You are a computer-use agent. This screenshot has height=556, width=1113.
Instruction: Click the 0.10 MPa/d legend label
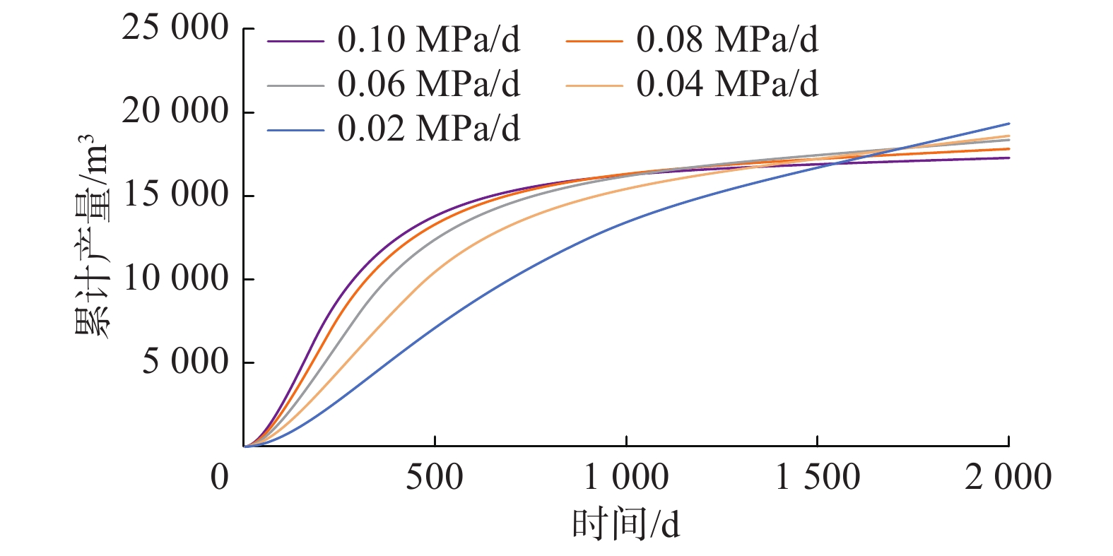coord(428,40)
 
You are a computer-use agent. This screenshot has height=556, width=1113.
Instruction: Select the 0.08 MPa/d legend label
coord(727,40)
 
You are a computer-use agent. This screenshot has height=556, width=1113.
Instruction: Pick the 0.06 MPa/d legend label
coord(428,84)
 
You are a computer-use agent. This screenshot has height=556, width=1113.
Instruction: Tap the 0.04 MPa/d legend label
coord(727,84)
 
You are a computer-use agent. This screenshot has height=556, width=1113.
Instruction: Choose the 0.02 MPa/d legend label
coord(428,129)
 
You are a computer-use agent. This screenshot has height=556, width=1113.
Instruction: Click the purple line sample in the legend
coord(295,42)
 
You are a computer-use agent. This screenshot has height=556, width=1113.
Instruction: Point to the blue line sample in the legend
coord(295,131)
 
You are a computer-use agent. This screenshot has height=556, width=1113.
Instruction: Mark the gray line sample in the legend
coord(295,86)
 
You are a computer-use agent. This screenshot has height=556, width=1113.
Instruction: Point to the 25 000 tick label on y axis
coord(175,29)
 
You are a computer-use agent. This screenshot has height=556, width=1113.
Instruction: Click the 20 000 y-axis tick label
coord(175,112)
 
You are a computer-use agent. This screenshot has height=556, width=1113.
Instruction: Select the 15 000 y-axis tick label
coord(175,195)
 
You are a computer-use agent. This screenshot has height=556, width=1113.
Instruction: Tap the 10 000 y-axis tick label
coord(175,278)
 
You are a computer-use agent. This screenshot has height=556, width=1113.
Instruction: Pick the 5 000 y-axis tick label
coord(185,362)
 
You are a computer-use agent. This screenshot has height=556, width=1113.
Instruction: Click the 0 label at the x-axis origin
coord(220,478)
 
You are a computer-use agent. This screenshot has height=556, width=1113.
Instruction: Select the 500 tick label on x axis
coord(434,478)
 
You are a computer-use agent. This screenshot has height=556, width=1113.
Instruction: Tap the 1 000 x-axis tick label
coord(626,478)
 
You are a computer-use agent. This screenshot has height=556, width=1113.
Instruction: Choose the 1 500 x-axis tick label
coord(818,478)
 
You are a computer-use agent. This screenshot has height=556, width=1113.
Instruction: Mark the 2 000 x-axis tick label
coord(1008,478)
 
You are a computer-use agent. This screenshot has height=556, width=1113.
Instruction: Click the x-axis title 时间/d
coord(625,525)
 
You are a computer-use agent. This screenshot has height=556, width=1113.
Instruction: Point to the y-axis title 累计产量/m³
coord(93,237)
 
